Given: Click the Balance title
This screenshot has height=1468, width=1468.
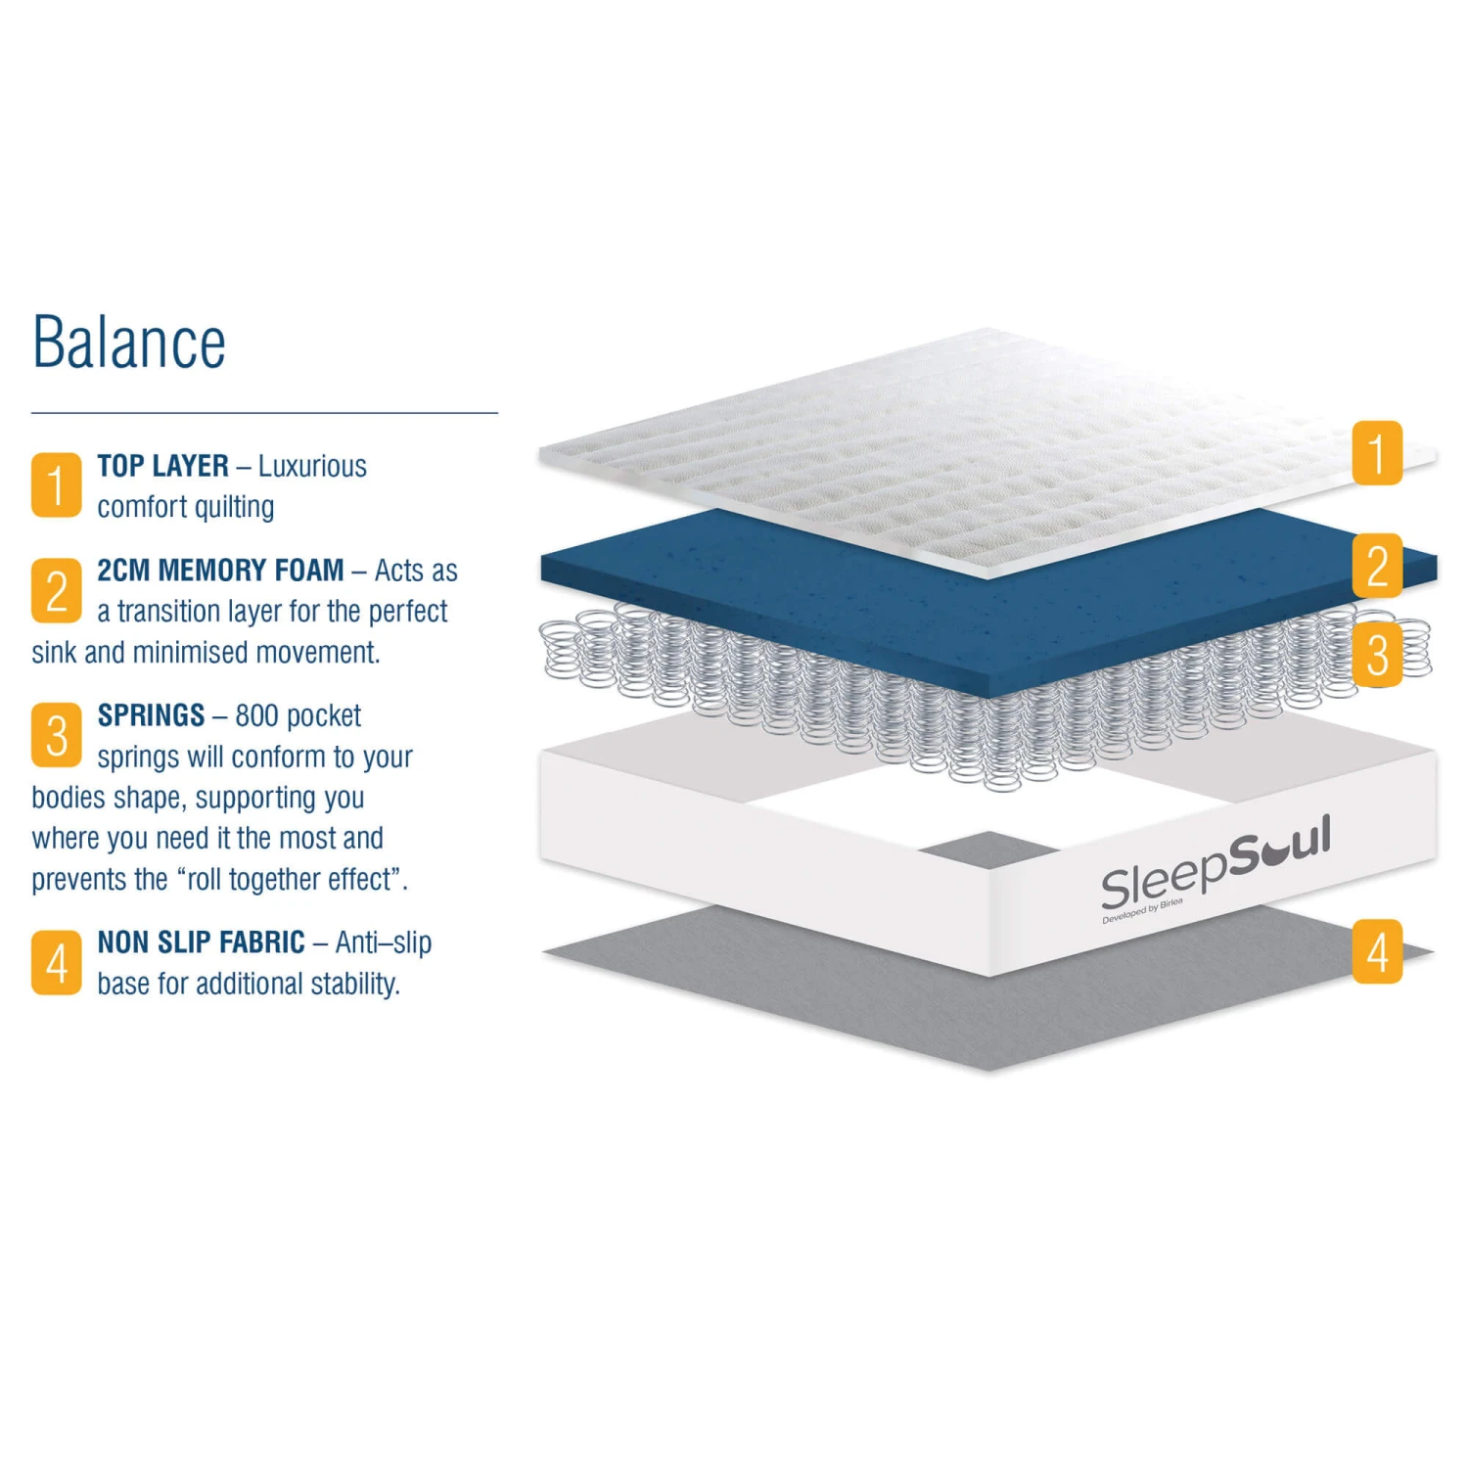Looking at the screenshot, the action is pyautogui.click(x=129, y=342).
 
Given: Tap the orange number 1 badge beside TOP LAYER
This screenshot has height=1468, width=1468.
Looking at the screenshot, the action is pyautogui.click(x=57, y=484).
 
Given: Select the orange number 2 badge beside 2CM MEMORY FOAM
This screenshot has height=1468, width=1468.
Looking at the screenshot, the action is pyautogui.click(x=57, y=590).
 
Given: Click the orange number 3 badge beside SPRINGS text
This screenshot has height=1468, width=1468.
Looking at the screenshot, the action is pyautogui.click(x=57, y=735).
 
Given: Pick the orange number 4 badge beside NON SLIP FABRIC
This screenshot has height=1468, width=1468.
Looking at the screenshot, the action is pyautogui.click(x=57, y=962).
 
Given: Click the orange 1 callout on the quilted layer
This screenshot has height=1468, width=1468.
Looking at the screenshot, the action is pyautogui.click(x=1377, y=453).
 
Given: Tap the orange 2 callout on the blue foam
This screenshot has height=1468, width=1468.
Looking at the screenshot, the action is pyautogui.click(x=1377, y=566).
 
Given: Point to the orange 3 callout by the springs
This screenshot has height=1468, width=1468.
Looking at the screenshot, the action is pyautogui.click(x=1377, y=655).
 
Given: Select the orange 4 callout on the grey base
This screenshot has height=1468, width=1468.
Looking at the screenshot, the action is pyautogui.click(x=1377, y=951).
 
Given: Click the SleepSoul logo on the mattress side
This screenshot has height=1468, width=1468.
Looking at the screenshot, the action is pyautogui.click(x=1216, y=865).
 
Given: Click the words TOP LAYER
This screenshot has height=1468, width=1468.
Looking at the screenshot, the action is pyautogui.click(x=162, y=466).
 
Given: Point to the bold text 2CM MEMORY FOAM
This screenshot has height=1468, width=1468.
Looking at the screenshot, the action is pyautogui.click(x=220, y=570).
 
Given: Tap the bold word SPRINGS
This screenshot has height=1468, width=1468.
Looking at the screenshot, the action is pyautogui.click(x=151, y=715).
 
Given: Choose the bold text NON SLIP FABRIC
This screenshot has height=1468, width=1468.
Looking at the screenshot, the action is pyautogui.click(x=201, y=942).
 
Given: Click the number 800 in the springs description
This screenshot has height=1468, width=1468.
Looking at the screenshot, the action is pyautogui.click(x=256, y=715).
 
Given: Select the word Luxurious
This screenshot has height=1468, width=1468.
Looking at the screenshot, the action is pyautogui.click(x=312, y=466).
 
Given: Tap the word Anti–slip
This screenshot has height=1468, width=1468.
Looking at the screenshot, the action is pyautogui.click(x=383, y=943).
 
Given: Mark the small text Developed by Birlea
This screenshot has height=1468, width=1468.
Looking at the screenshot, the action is pyautogui.click(x=1142, y=911).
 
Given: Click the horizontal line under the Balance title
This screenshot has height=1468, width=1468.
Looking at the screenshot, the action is pyautogui.click(x=264, y=413).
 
